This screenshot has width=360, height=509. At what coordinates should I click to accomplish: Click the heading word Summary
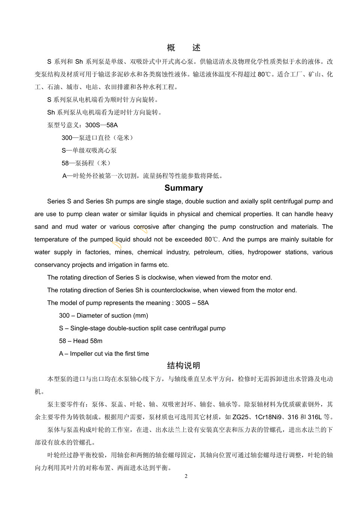(183, 188)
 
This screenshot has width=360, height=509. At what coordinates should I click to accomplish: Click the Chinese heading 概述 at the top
(183, 48)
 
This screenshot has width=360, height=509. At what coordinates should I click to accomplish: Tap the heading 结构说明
(183, 365)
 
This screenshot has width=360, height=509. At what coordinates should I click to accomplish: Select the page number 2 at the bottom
(186, 476)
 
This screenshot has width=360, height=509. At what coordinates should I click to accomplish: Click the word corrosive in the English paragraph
(146, 227)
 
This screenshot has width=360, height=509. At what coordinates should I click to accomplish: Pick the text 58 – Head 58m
(81, 341)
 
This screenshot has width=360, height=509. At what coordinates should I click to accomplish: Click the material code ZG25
(240, 417)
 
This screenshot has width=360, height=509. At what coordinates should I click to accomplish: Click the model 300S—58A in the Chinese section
(102, 125)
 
